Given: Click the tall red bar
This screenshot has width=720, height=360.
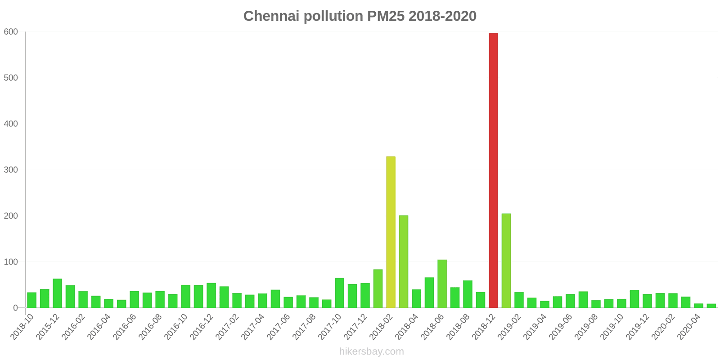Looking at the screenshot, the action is point(493,171).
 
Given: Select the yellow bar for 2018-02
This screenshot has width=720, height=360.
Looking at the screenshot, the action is point(391,232).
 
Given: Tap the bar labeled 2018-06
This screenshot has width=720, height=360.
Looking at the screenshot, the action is point(442,284).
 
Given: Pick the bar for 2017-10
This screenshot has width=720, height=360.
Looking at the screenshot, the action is point(339,293).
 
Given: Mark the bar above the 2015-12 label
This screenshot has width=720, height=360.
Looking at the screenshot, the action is point(58,293).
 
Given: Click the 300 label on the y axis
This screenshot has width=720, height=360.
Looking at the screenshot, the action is point(11,170).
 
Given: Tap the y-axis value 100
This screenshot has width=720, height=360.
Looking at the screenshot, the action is point(11,262).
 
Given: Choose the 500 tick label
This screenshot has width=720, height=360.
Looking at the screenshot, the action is point(11,78).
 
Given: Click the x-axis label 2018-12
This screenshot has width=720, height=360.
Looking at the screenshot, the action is point(484,327).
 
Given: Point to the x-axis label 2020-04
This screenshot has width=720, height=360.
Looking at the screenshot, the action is point(689,327).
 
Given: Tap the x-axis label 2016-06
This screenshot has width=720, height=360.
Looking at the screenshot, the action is point(125,327).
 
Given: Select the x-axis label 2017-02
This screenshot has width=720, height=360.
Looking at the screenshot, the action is point(227,327).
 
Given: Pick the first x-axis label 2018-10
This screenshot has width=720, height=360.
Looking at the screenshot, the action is point(22,327).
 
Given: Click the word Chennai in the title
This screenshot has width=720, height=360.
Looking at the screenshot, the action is point(271,16).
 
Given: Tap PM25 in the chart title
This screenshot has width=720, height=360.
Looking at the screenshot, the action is point(386,16).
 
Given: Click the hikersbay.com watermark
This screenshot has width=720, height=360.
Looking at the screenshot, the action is point(372,351).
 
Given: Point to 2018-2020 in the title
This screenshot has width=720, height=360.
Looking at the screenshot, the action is point(443,16).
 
